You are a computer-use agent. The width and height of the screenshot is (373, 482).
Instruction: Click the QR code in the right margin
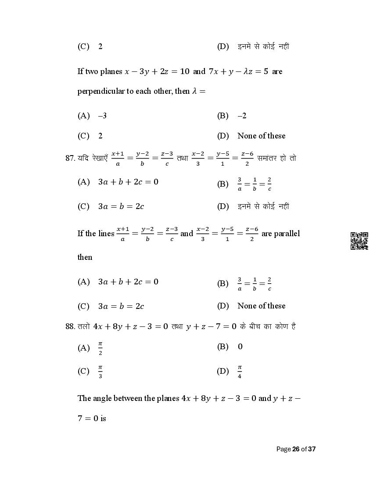[x=359, y=241]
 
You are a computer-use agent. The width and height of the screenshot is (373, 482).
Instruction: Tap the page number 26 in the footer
[x=296, y=449]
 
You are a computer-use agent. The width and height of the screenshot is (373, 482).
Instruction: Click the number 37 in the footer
[x=312, y=449]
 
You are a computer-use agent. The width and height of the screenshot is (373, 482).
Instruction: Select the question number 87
[x=70, y=158]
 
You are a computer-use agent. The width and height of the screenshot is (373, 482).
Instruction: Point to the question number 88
[x=70, y=326]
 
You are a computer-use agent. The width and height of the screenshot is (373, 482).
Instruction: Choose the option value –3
[x=102, y=116]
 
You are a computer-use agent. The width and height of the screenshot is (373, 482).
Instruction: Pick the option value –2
[x=242, y=116]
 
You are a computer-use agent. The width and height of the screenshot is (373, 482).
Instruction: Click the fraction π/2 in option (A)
[x=100, y=348]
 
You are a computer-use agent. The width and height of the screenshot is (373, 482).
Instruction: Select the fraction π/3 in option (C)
[x=100, y=372]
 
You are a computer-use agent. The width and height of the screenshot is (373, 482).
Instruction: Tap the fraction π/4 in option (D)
[x=240, y=372]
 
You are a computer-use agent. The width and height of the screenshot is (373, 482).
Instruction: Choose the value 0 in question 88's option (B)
[x=240, y=347]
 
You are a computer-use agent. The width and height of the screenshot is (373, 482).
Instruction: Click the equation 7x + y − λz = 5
[x=238, y=71]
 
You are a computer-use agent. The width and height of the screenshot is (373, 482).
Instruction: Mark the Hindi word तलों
[x=84, y=326]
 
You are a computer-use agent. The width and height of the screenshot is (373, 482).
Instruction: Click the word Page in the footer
[x=283, y=449]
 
